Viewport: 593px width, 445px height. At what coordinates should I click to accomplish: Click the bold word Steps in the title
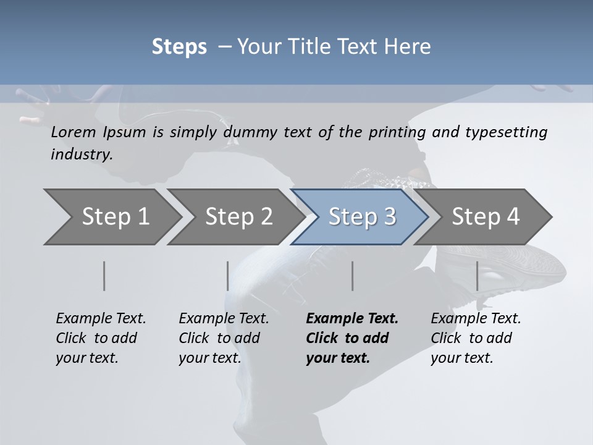(179, 47)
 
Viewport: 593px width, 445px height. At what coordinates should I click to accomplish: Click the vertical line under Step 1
(104, 276)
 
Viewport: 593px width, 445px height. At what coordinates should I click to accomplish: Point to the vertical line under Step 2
(228, 276)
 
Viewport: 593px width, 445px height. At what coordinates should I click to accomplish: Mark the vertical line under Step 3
(353, 276)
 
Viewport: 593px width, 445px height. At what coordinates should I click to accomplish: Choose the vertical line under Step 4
(477, 276)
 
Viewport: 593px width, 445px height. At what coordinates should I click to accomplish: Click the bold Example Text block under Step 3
(352, 338)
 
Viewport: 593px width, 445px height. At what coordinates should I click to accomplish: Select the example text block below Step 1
(101, 338)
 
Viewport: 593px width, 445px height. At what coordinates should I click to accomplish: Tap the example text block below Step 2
(224, 338)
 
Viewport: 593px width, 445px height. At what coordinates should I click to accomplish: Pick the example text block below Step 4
(476, 338)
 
